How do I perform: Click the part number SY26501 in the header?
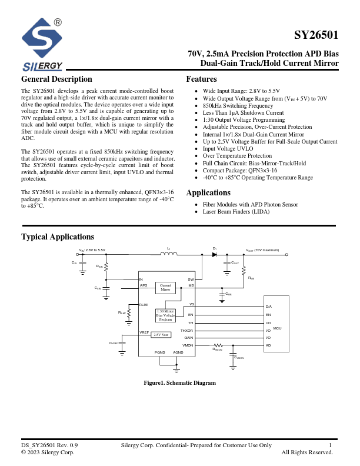(316, 34)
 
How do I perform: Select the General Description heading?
(56, 79)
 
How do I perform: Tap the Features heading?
(201, 79)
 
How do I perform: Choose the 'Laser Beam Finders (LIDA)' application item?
(236, 211)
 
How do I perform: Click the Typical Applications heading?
(58, 237)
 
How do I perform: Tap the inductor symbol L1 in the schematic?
(169, 254)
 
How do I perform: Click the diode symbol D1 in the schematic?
(215, 254)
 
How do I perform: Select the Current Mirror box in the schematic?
(165, 288)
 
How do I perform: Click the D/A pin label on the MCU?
(269, 307)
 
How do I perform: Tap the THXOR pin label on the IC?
(187, 330)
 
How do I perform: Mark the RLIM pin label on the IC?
(144, 304)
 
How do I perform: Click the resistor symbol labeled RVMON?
(218, 345)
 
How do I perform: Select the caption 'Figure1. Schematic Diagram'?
(180, 383)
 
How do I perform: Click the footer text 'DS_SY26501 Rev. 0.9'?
(49, 445)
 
